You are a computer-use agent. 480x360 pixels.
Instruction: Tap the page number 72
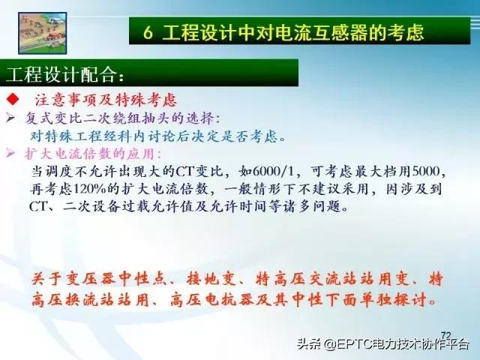(x=447, y=334)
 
